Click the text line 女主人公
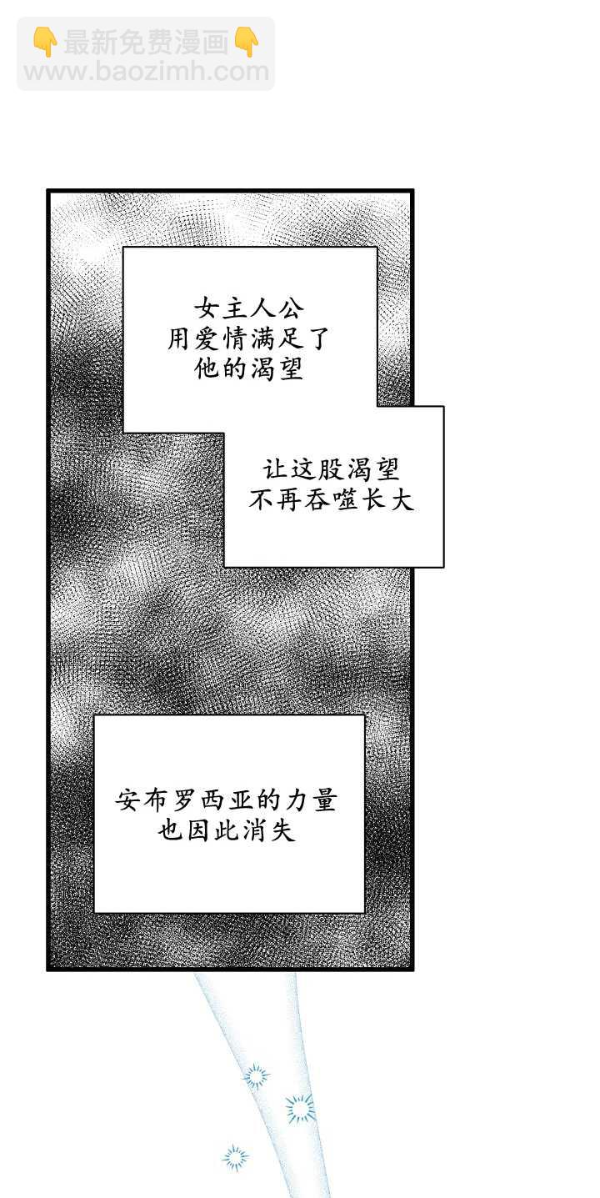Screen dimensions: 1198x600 coord(249,308)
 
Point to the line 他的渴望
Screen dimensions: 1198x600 coord(249,368)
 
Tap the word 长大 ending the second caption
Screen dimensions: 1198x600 coord(387,500)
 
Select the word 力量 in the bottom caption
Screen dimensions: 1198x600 coord(310,800)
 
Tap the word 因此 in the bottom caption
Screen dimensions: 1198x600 coord(213,831)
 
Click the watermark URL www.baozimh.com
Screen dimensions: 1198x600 coord(146,72)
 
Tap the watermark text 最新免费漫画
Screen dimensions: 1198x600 coord(146,42)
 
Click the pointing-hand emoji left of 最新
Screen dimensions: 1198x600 coord(45,42)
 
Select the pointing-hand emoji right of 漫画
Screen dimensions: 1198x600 coord(247,42)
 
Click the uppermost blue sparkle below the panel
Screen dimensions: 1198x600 coord(256,1076)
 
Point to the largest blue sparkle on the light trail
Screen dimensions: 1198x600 coord(300,1108)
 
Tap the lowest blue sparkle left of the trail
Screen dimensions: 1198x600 coord(235,1157)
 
